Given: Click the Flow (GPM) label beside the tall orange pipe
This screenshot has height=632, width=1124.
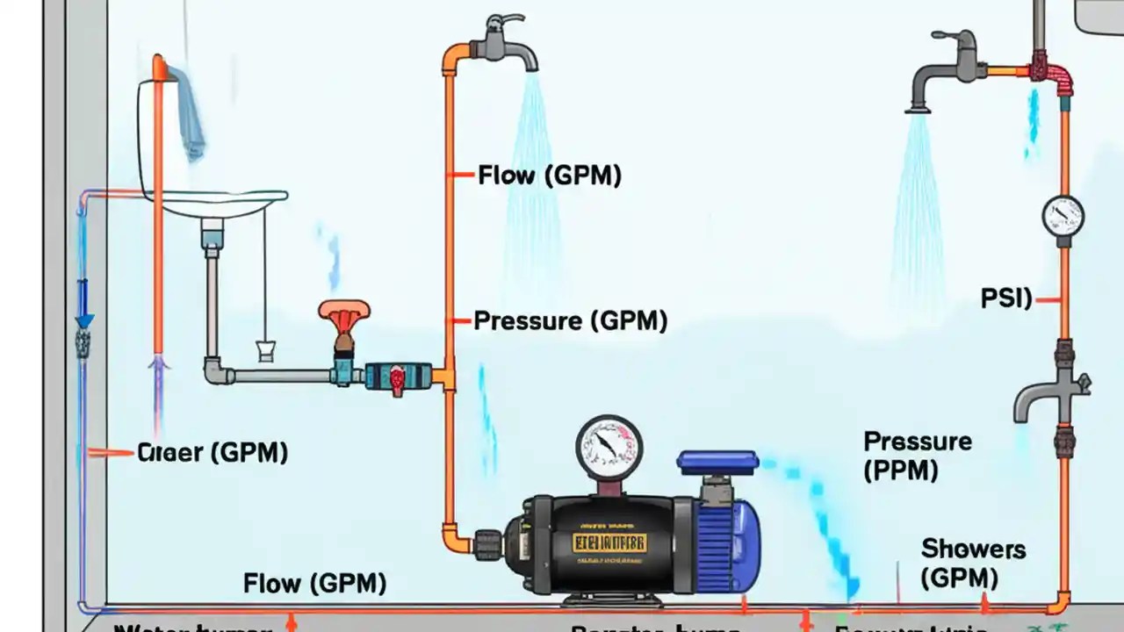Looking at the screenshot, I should tap(549, 176).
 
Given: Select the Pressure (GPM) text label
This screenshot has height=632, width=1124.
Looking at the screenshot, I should tap(570, 321).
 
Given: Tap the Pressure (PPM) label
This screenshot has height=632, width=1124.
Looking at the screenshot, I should tap(917, 456).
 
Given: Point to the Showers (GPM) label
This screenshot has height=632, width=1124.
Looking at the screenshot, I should tap(972, 564).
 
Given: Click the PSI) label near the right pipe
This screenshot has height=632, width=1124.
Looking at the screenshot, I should tap(1006, 299).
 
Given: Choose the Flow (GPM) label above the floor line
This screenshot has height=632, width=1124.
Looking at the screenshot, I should tap(314, 583).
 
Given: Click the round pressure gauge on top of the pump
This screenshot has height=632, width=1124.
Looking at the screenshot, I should tap(609, 448).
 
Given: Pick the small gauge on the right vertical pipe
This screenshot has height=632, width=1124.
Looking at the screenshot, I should tap(1063, 215).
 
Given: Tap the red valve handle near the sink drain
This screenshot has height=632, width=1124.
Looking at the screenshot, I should tap(344, 313).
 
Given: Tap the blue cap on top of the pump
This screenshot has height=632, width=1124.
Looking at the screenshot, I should tap(717, 463).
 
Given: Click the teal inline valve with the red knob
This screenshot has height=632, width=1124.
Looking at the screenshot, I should tap(397, 376).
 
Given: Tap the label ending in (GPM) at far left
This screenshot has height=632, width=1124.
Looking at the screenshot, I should tap(213, 453).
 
